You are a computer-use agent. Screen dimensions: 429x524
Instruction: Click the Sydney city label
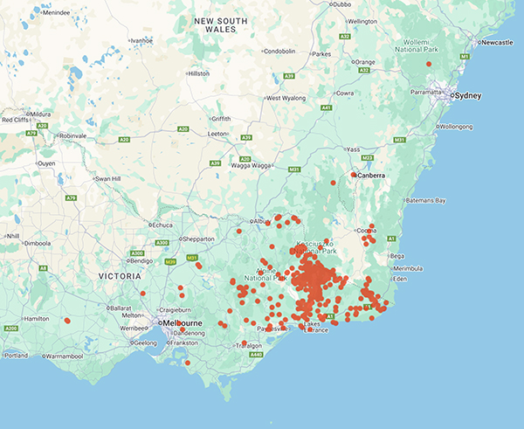pyautogui.click(x=468, y=95)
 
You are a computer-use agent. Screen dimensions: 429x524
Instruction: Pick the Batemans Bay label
pyautogui.click(x=429, y=201)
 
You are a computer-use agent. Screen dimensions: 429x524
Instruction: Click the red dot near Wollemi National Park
pyautogui.click(x=428, y=64)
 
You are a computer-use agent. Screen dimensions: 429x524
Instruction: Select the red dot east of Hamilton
pyautogui.click(x=67, y=321)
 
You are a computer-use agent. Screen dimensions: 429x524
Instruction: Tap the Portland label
pyautogui.click(x=15, y=355)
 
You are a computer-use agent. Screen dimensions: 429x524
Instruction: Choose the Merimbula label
pyautogui.click(x=409, y=267)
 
